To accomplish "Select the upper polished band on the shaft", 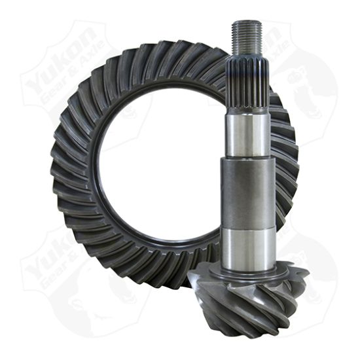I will click(x=247, y=134).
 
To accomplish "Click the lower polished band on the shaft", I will click(x=247, y=245).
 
